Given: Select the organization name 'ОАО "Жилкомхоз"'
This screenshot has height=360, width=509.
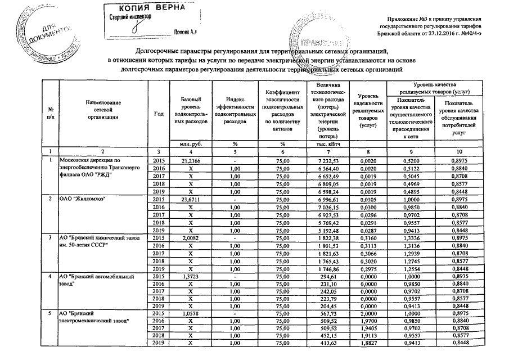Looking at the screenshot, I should [x=84, y=200].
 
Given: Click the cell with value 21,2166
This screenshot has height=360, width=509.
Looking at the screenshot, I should [x=191, y=161].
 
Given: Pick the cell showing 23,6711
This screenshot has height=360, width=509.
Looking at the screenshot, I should [x=191, y=200].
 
